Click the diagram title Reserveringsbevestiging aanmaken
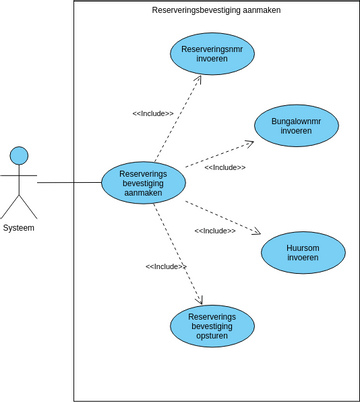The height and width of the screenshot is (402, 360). [x=216, y=10]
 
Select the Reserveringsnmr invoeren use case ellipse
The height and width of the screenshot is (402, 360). [x=212, y=53]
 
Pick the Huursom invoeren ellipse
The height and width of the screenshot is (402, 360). [x=303, y=252]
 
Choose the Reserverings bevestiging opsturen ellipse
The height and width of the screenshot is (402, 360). [x=212, y=326]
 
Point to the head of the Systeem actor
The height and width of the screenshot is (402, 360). [x=19, y=155]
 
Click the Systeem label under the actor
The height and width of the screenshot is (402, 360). [x=19, y=228]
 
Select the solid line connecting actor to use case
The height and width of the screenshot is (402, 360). [x=70, y=183]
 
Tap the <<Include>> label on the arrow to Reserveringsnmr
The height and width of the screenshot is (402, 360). [x=153, y=113]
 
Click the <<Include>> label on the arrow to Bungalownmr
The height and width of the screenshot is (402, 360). [x=225, y=167]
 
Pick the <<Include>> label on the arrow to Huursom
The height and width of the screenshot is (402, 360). [x=215, y=231]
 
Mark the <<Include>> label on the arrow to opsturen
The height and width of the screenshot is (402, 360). [x=166, y=266]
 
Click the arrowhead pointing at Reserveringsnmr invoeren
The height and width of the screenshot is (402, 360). [x=199, y=78]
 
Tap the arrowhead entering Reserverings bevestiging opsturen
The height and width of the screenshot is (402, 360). [x=201, y=300]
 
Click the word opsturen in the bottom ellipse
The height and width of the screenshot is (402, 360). [x=212, y=337]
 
